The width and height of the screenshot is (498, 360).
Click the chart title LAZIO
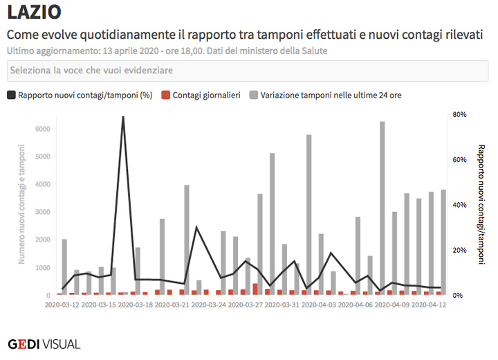(x=34, y=12)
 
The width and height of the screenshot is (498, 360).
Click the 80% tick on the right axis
(x=460, y=114)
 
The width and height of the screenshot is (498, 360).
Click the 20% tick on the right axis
(x=460, y=250)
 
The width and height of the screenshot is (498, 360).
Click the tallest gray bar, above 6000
(x=382, y=208)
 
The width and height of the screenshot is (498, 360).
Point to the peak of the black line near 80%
(x=123, y=118)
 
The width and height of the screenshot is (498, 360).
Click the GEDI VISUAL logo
(x=44, y=343)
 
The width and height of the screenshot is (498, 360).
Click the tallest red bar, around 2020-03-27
(x=255, y=289)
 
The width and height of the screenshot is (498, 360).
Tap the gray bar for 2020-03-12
(x=64, y=267)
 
